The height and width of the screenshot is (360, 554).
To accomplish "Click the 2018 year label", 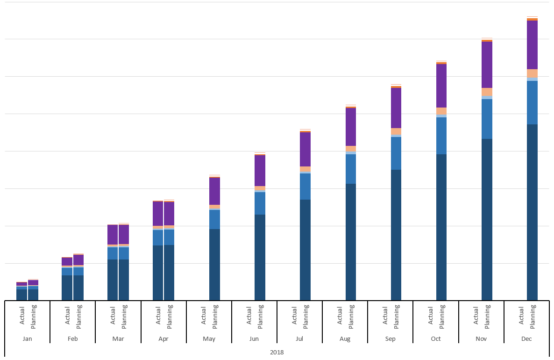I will coord(277,352).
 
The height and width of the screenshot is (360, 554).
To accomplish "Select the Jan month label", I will coord(27,338).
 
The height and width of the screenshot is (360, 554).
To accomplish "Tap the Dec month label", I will coord(526,338).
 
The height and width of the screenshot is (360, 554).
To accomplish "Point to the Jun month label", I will coord(254,338).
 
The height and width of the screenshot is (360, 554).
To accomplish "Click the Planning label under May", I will coord(215,315).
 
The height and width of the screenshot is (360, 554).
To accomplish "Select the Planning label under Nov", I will coord(488,315).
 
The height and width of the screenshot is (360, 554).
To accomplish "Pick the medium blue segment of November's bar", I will coord(487,119).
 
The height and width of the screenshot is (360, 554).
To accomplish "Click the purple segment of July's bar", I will coord(305,149).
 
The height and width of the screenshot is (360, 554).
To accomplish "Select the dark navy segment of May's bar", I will coord(214,264).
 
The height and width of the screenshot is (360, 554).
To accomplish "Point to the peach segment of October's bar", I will coord(441,111).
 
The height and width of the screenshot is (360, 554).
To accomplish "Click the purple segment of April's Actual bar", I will coord(158,214).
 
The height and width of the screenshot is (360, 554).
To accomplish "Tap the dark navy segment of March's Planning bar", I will coord(124,280).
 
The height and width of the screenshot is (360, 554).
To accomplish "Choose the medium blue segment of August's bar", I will coord(350,169).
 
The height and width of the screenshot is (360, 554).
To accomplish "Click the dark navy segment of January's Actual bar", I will coord(21,295).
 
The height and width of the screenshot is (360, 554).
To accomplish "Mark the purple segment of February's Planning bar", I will coord(78,259).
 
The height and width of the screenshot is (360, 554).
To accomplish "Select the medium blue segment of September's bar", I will coord(396,153).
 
